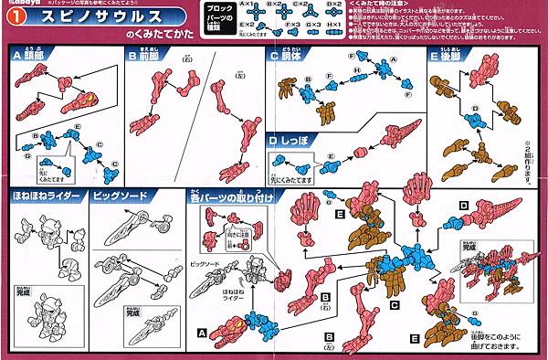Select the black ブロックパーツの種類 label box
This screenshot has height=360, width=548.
click(x=213, y=18)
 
